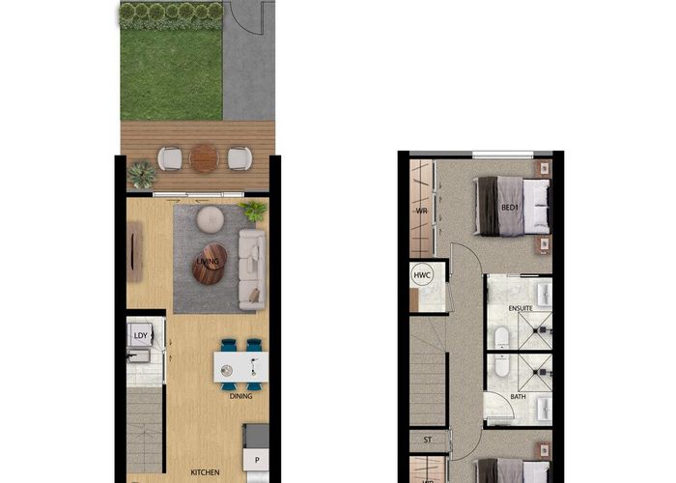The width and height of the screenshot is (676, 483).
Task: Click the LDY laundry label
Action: point(139,335)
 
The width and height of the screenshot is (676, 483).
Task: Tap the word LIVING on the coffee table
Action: point(208,262)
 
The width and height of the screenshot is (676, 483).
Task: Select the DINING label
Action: point(241,396)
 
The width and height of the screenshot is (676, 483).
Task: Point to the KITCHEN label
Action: point(206,472)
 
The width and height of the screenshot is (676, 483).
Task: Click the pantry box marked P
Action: point(257,462)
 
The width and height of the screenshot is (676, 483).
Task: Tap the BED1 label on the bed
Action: point(510,208)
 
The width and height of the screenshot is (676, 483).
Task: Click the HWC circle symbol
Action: point(422,275)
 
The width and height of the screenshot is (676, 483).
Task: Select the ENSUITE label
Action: point(521,308)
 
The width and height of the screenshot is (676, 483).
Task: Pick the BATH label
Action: point(518,396)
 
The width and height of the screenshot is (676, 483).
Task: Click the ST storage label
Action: point(426,440)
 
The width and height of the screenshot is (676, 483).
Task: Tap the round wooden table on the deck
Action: point(205,157)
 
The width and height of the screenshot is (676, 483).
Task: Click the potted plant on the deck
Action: point(143,174)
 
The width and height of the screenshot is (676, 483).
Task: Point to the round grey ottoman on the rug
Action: point(211,220)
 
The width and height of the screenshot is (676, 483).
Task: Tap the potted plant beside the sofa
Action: point(254,210)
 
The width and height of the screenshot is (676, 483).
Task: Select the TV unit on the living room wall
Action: point(134,250)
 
